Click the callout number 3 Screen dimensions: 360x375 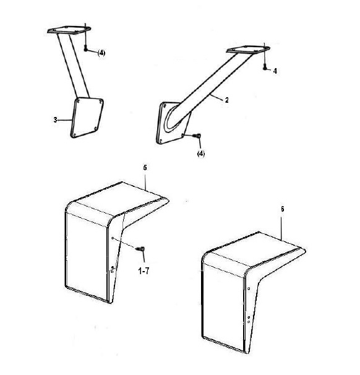(x=55, y=119)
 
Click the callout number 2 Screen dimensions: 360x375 (x=226, y=100)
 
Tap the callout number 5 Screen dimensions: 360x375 (x=145, y=168)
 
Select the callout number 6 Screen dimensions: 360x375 (x=282, y=209)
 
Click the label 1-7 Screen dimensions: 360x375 (x=144, y=271)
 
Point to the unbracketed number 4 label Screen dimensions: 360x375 (x=275, y=71)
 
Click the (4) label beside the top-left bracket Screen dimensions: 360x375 (x=101, y=53)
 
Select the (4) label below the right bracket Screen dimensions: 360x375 (x=201, y=153)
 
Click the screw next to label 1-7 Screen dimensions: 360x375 (x=140, y=249)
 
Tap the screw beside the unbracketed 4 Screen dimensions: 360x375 (x=265, y=68)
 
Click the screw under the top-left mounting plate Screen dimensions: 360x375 (x=85, y=49)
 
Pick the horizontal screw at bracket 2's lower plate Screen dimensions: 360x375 (x=197, y=136)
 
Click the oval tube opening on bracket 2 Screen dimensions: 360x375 (x=173, y=118)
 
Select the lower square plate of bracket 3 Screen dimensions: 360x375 (x=87, y=118)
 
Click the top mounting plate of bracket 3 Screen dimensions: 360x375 (x=69, y=30)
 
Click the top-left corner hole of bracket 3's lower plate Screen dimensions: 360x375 (x=78, y=101)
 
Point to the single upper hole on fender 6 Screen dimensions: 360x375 (x=249, y=288)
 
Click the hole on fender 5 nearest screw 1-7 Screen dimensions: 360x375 (x=113, y=238)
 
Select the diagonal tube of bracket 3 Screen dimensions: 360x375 (x=73, y=66)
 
